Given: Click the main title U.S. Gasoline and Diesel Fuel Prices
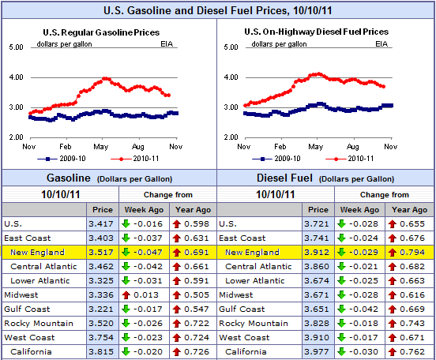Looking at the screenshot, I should point(217,11).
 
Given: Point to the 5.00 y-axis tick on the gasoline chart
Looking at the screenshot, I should point(15,47).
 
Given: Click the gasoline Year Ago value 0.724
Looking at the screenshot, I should point(197,338).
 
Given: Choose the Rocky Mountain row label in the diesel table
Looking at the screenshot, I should point(253,324).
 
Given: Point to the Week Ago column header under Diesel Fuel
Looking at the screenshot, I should point(360,209).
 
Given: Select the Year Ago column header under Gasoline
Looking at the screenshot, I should point(194,209).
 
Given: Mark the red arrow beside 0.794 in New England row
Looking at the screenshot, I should point(394,253).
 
